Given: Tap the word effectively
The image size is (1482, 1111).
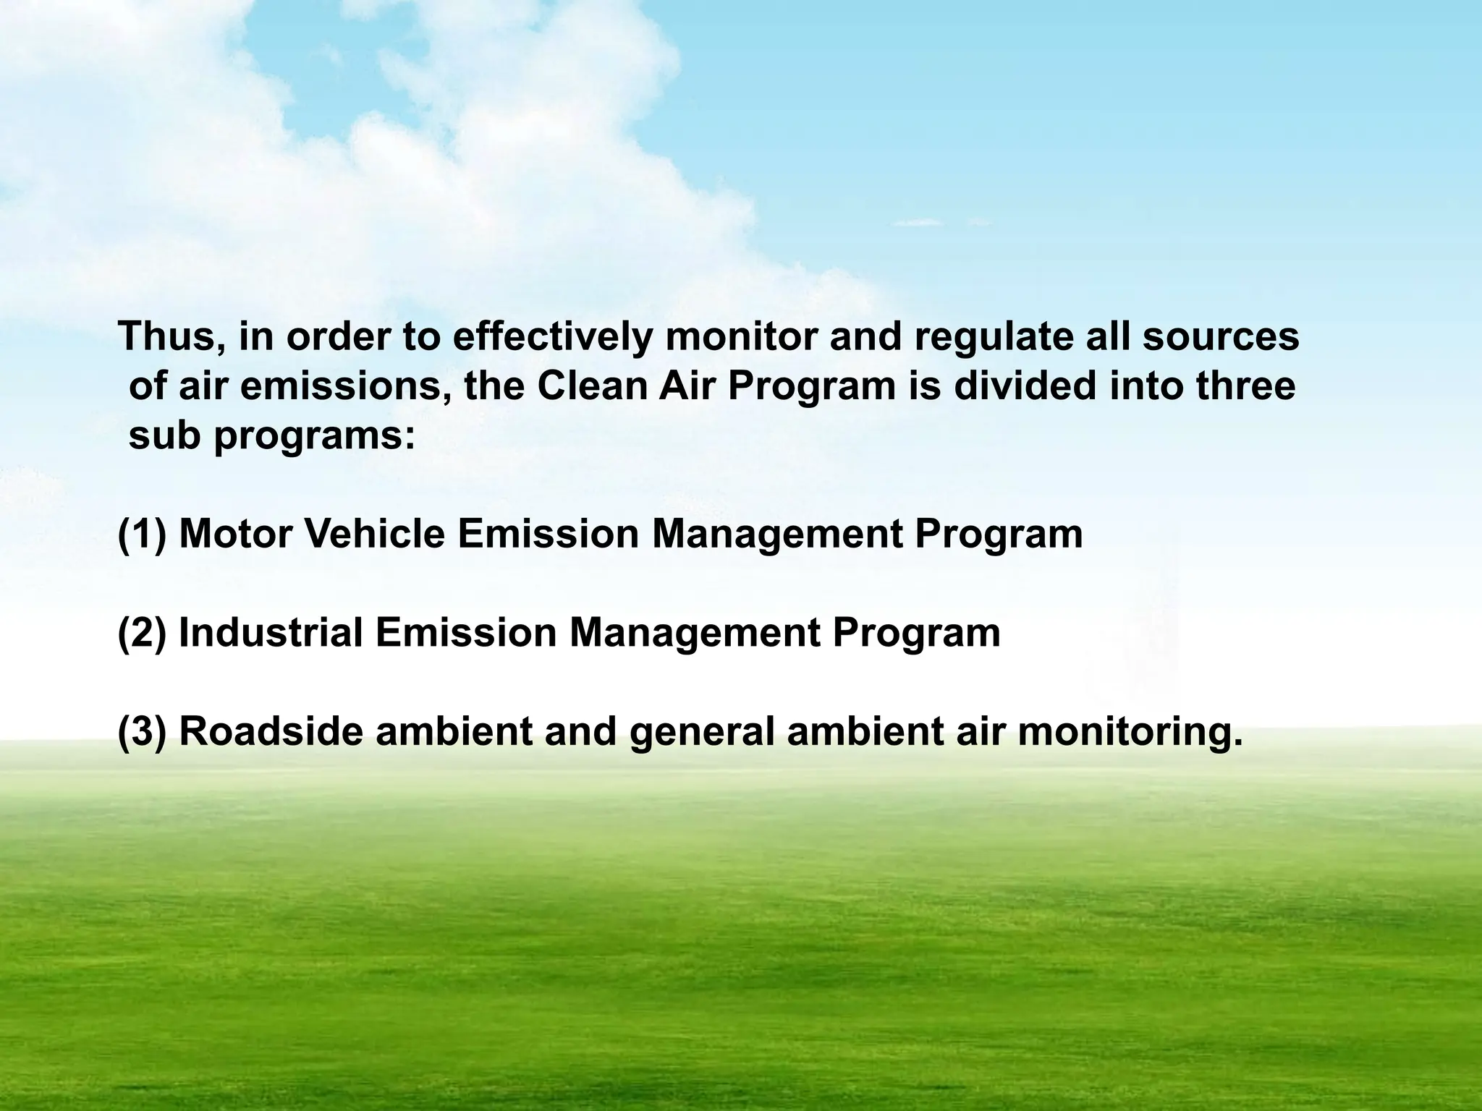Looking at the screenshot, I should (552, 338).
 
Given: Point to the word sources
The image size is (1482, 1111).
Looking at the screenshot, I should (1221, 337).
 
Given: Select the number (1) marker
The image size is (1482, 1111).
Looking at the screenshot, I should (142, 535).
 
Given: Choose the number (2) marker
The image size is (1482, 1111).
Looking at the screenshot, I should (142, 633).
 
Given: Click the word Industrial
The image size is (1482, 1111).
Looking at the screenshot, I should (271, 633).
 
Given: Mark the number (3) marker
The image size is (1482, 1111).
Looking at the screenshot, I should (142, 731).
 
